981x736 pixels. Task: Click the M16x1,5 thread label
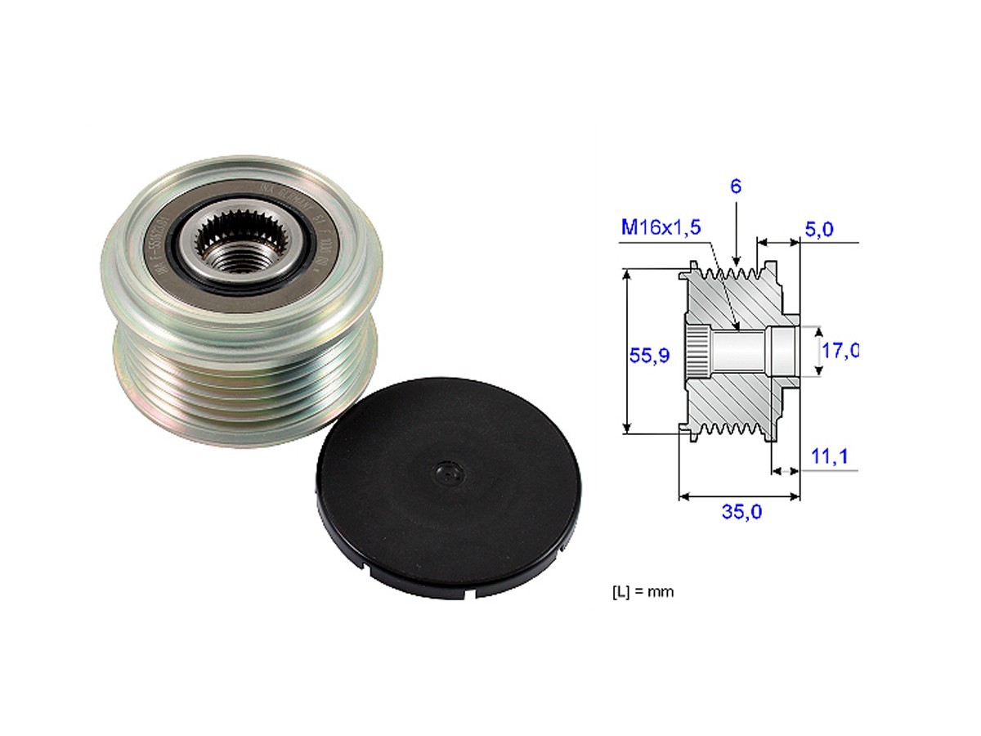point(661,227)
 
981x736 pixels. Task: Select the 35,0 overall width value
point(742,512)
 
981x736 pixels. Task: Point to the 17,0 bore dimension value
point(839,352)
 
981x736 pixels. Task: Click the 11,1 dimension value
point(829,458)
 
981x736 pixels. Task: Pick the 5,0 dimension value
point(818,231)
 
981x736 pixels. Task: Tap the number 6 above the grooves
point(736,186)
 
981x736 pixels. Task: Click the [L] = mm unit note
point(643,591)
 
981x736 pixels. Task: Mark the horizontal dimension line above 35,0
point(739,496)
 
